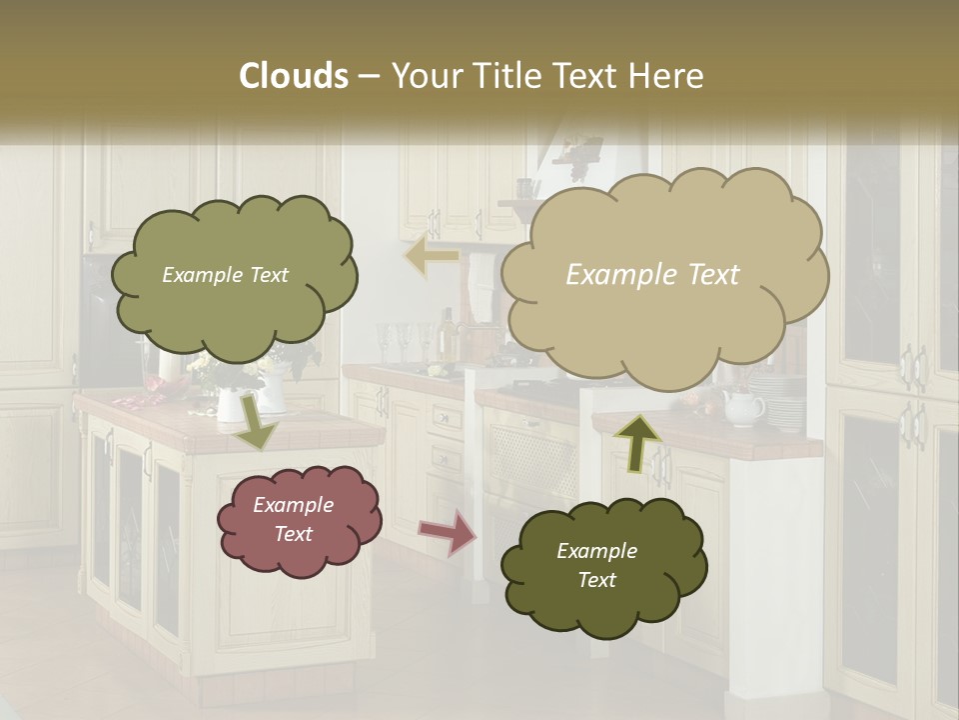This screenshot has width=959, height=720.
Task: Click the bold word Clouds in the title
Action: click(295, 76)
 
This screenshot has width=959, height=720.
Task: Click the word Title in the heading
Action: click(501, 76)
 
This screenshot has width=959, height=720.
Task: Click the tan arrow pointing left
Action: click(432, 256)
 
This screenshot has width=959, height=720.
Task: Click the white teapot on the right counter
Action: click(742, 407)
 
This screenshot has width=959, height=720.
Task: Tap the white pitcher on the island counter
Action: click(230, 404)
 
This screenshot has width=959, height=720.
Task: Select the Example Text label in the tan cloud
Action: click(652, 275)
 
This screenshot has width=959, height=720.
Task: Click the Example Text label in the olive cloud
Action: click(225, 275)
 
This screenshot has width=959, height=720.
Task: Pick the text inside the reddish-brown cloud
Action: click(293, 519)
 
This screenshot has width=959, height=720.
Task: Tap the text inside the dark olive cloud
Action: click(596, 565)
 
